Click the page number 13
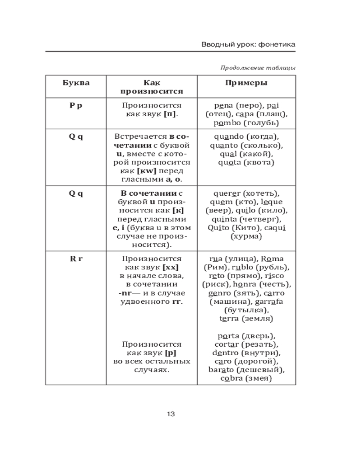point(171,414)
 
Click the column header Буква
point(76,83)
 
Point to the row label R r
point(76,259)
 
